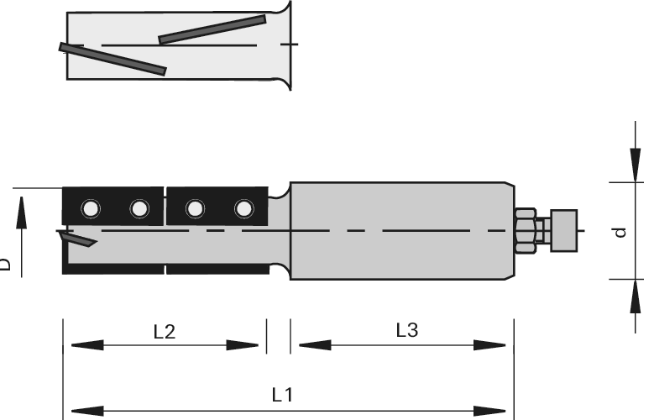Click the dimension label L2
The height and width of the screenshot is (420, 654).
tap(164, 332)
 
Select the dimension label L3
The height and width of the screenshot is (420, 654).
tap(406, 331)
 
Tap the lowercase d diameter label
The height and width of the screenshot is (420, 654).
tap(620, 231)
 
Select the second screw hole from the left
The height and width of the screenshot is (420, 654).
tap(139, 207)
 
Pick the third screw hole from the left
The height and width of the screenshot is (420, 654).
tap(194, 207)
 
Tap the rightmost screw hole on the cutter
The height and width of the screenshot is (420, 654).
tap(243, 207)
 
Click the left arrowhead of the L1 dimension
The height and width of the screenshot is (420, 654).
tap(80, 411)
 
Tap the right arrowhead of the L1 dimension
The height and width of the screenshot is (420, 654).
tap(495, 411)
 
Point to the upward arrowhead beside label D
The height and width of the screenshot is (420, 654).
tap(22, 210)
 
